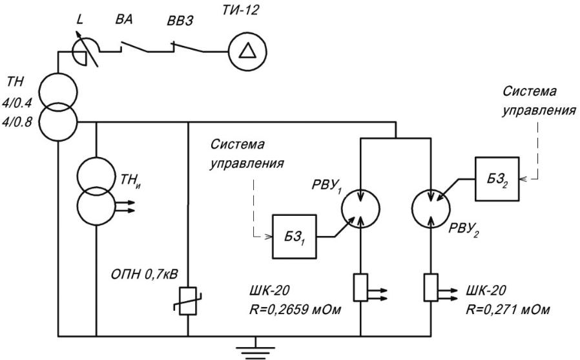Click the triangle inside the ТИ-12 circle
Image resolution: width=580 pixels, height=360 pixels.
tap(247, 51)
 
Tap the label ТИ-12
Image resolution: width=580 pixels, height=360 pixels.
tap(240, 10)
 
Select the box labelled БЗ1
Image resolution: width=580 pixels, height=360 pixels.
tap(295, 237)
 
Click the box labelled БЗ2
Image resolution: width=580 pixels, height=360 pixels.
tap(497, 178)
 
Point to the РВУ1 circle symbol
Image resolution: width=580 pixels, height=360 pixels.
tap(360, 209)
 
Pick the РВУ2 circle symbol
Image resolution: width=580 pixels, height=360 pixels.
tap(431, 209)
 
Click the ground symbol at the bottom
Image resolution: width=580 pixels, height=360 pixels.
tap(256, 348)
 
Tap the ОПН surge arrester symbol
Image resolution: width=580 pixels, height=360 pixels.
tap(188, 301)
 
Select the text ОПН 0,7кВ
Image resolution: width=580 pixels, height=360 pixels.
tap(144, 275)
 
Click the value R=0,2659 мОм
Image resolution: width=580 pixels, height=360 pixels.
tap(295, 309)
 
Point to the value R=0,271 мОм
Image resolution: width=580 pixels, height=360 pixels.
tap(508, 309)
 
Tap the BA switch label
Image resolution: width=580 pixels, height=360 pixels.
tap(123, 19)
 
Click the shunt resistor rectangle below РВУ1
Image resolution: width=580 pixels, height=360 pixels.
tap(360, 288)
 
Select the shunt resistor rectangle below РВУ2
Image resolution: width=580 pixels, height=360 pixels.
tap(431, 288)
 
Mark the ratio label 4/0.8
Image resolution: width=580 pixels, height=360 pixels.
tap(17, 122)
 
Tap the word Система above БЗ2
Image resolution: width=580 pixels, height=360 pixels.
tap(530, 91)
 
